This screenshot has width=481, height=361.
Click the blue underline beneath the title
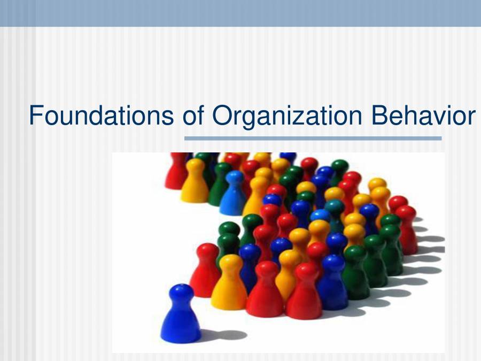pos(313,138)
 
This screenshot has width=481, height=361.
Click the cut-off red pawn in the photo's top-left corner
pos(176,170)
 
